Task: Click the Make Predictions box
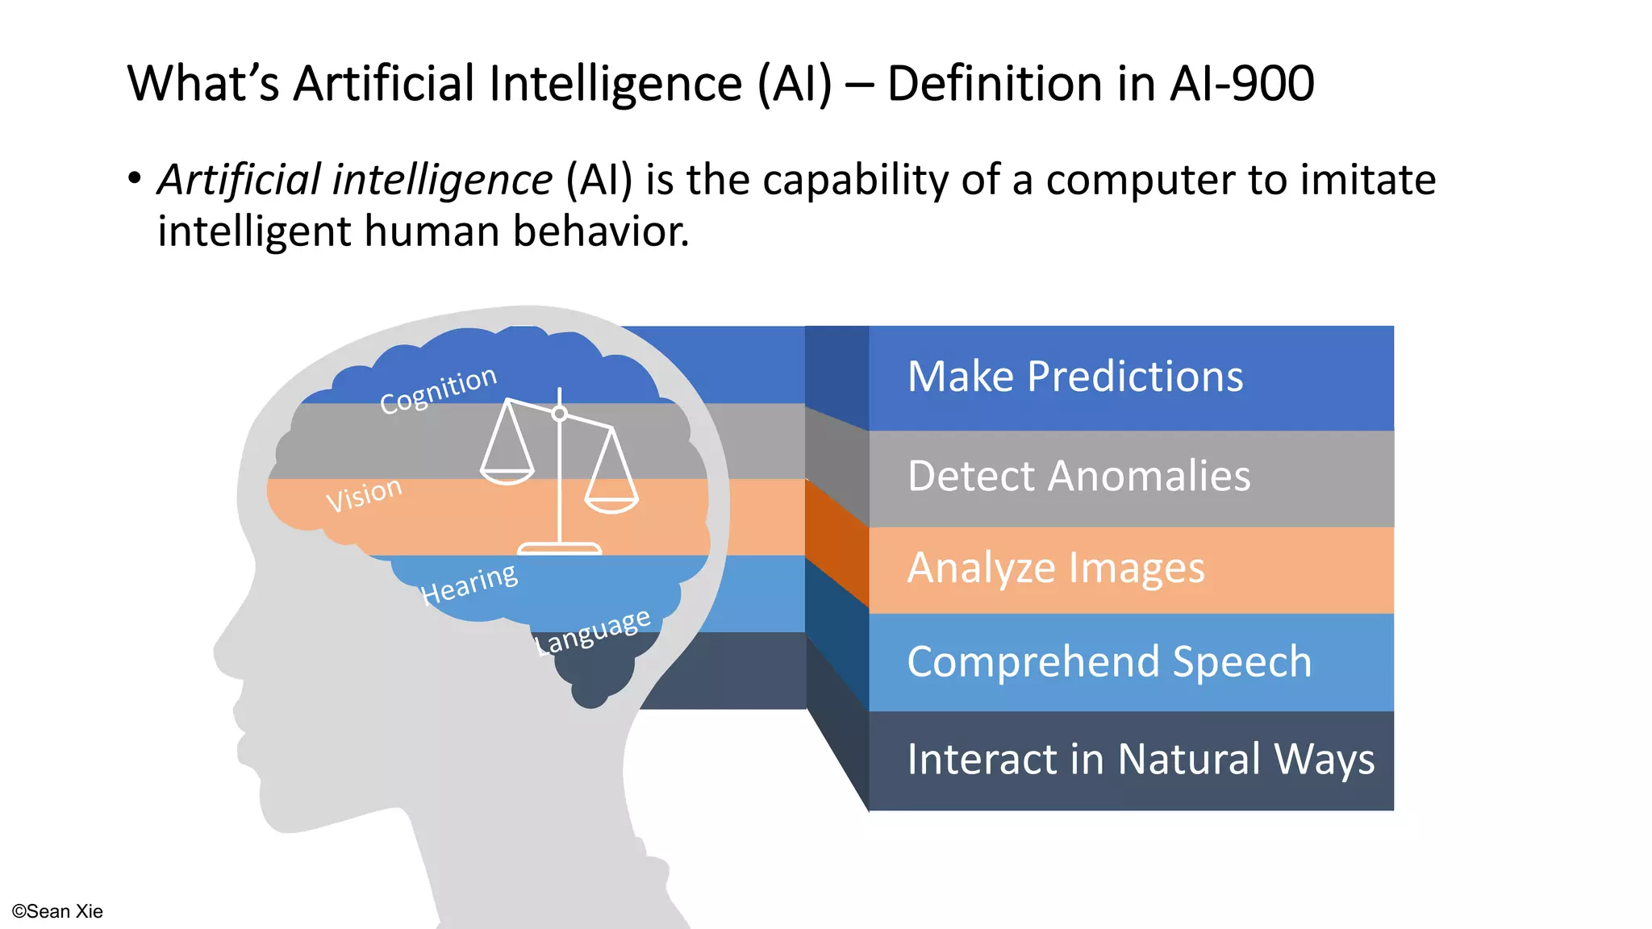(x=1129, y=377)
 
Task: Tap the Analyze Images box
(x=1129, y=569)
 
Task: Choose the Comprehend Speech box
(x=1129, y=662)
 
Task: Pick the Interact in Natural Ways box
(x=1129, y=760)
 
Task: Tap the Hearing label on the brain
(x=469, y=583)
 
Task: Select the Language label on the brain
(x=593, y=631)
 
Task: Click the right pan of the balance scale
(x=611, y=504)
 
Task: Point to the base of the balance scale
(x=559, y=549)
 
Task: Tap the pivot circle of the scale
(x=559, y=414)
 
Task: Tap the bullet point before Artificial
(x=135, y=177)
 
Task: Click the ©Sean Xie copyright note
(x=57, y=911)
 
